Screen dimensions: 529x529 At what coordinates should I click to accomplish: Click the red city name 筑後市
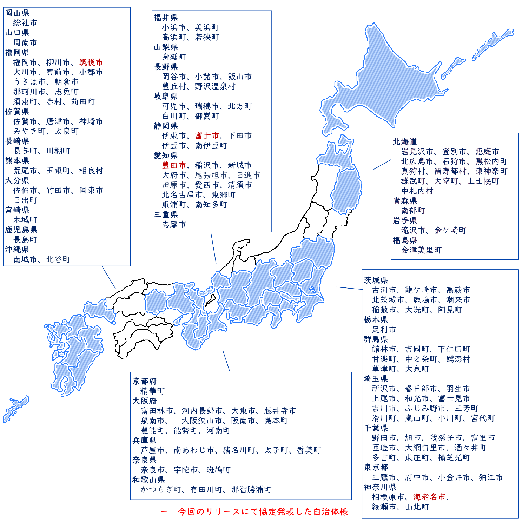pos(91,62)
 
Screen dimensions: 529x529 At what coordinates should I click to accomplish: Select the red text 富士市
pos(207,136)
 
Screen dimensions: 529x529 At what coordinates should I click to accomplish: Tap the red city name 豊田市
pos(174,165)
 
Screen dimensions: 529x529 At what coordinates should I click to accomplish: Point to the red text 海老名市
pos(429,497)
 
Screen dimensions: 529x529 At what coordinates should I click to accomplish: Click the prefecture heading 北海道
pos(405,142)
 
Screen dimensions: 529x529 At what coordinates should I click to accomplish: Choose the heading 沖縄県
pos(17,250)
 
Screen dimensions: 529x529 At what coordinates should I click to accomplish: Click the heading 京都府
pos(144,381)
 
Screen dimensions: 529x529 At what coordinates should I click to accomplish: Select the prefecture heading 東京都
pos(376,468)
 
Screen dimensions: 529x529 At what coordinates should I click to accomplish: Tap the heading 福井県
pos(166,18)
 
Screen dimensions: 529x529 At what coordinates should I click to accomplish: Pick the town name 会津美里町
pos(421,250)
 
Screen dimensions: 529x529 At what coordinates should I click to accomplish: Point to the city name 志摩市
pos(174,225)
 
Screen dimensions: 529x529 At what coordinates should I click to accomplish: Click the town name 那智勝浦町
pos(251,490)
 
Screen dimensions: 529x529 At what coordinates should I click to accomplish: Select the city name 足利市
pos(384,330)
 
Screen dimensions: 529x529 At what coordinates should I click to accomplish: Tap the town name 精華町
pos(152,391)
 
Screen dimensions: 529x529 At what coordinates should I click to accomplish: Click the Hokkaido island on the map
pos(379,81)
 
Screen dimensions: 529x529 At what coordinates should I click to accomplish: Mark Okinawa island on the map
pos(16,409)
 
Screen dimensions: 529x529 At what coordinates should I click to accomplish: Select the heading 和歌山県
pos(148,480)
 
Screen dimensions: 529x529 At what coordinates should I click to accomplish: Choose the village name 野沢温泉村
pos(215,87)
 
